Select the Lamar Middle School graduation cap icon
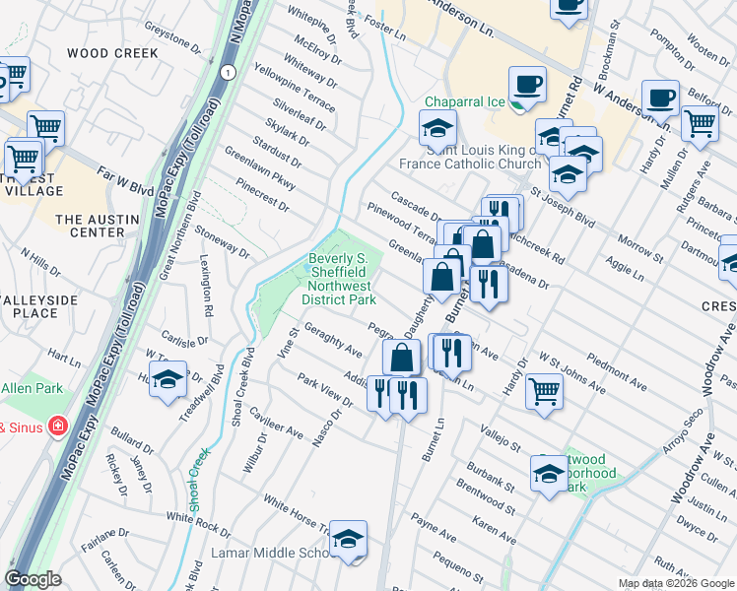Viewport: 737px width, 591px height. point(348,539)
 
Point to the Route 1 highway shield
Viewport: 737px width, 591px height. point(228,73)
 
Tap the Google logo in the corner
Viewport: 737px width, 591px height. point(33,579)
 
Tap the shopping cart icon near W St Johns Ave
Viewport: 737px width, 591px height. point(544,392)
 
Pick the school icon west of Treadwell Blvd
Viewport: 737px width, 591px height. point(168,378)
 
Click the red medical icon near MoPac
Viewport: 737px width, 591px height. point(59,427)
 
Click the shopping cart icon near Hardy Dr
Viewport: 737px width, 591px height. point(700,124)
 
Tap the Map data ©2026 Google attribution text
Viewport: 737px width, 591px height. point(676,583)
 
